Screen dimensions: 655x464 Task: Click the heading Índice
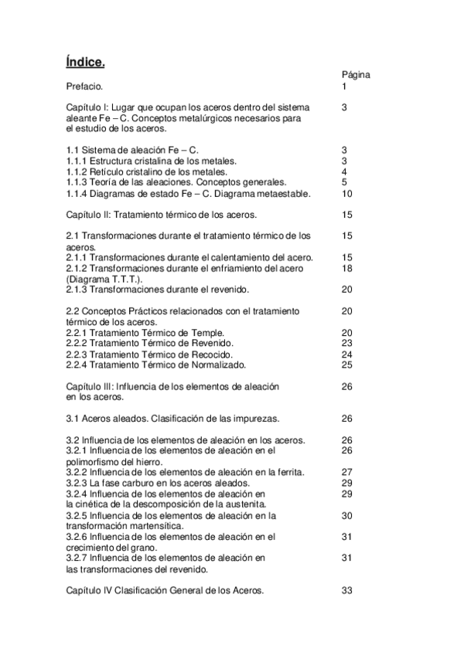(86, 61)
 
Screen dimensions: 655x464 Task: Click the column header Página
(356, 75)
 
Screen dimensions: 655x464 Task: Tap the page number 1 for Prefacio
(344, 87)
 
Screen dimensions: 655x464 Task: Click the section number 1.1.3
(78, 182)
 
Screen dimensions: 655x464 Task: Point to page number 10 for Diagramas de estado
(346, 193)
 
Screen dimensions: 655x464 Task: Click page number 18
(346, 267)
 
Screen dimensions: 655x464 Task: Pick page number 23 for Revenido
(346, 343)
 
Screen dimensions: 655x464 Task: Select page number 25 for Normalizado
(346, 365)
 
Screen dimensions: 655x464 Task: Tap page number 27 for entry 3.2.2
(346, 471)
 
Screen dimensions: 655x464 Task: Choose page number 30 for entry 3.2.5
(346, 514)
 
